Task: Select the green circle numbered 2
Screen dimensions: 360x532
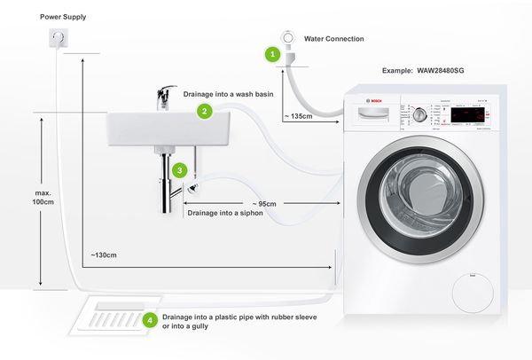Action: point(205,111)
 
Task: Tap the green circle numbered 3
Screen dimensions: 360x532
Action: point(180,168)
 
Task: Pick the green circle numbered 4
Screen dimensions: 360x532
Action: point(150,319)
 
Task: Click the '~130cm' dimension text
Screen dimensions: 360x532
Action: point(104,254)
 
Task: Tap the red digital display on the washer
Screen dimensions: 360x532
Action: point(467,115)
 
